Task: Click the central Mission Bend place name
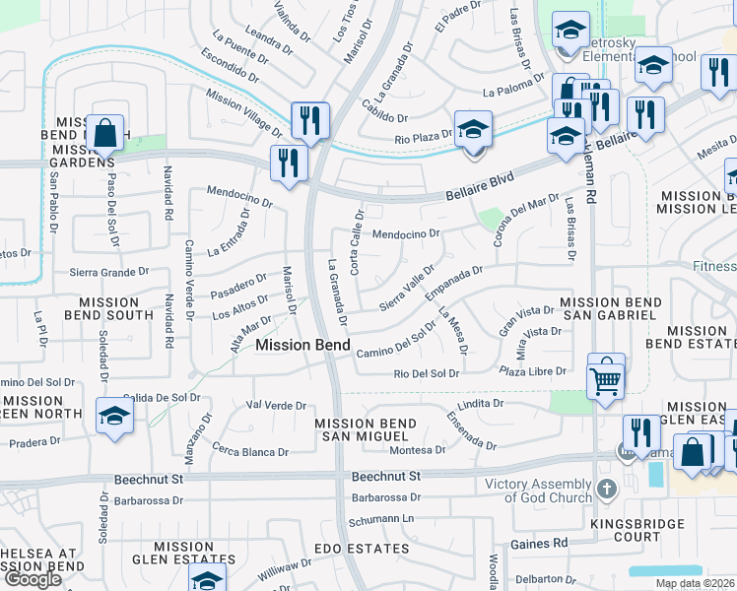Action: (302, 346)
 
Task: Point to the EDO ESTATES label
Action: (362, 549)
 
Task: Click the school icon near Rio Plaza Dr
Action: (473, 131)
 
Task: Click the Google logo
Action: (33, 579)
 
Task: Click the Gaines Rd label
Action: (539, 543)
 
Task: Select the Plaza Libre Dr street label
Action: (533, 372)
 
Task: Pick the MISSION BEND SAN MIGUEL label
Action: (365, 430)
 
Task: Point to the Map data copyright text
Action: (694, 583)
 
